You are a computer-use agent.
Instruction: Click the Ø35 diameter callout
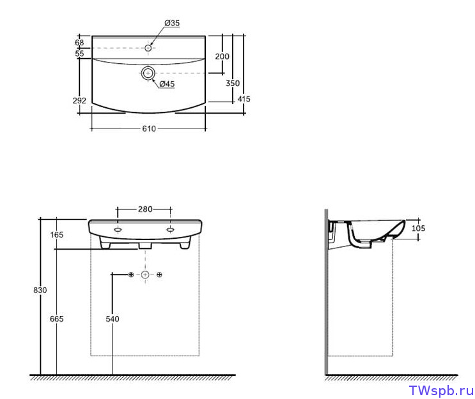click(x=172, y=23)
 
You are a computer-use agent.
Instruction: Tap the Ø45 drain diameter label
click(x=167, y=84)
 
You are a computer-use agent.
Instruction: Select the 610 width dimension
click(x=149, y=128)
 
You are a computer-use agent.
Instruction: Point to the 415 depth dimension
click(x=244, y=99)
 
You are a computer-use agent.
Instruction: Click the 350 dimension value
click(x=233, y=83)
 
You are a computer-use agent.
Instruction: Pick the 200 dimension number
click(x=222, y=57)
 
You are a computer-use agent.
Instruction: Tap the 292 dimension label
click(x=79, y=100)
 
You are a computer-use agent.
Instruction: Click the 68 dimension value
click(x=79, y=43)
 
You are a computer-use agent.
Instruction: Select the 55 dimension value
click(x=79, y=54)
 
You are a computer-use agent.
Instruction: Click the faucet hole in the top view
click(x=148, y=48)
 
